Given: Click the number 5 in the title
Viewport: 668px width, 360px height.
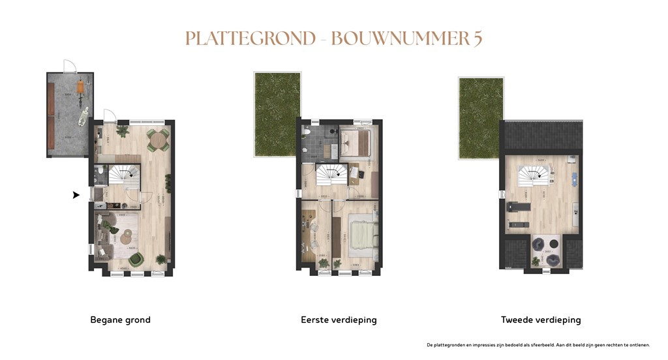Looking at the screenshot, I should coord(478,38).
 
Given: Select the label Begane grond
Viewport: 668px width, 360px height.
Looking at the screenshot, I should coord(120,320).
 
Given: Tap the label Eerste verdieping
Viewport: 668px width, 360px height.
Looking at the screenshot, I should coord(339,320).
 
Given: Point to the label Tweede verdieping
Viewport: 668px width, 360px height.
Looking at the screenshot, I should coord(541,320).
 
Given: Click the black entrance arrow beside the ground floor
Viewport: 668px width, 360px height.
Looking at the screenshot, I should coord(76,194).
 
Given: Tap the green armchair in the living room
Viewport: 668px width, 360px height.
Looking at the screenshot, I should coord(136,259).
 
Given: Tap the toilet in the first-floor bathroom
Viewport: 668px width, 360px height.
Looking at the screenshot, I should coord(306,132).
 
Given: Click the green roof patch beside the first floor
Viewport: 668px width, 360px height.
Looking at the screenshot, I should coord(277,114).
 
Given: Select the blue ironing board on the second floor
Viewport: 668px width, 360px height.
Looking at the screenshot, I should coord(574,176).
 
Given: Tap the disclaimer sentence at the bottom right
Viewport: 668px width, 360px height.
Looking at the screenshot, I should coord(538,344).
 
